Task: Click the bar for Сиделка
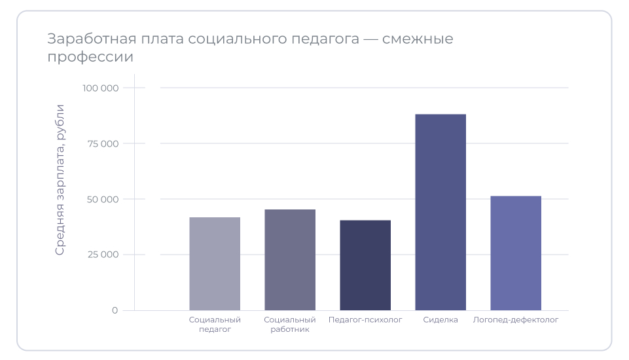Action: (x=440, y=212)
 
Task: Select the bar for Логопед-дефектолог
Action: (x=516, y=253)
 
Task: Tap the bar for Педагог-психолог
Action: (x=365, y=265)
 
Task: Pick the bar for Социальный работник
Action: (x=290, y=260)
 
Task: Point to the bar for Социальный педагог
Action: (x=215, y=264)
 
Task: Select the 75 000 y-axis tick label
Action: (x=102, y=143)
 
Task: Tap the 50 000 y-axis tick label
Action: (x=102, y=199)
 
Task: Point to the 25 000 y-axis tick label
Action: (x=102, y=255)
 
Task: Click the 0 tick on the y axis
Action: (x=115, y=310)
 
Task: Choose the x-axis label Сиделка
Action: (x=440, y=320)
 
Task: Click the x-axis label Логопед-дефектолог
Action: (x=516, y=320)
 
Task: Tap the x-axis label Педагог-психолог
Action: (x=365, y=320)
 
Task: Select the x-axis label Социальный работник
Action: (x=290, y=325)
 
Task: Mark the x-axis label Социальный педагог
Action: (x=215, y=325)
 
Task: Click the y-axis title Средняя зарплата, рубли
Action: (x=60, y=179)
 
